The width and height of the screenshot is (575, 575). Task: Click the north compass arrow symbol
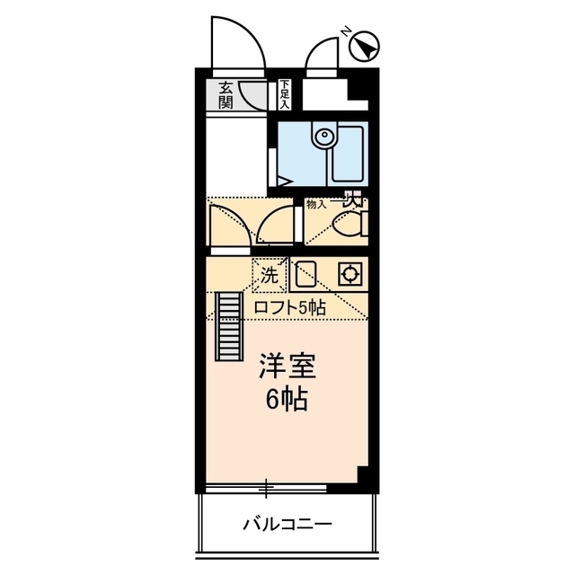[x=367, y=46]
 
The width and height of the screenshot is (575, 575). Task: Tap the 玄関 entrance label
[x=226, y=95]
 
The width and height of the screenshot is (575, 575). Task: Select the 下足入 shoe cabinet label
[x=285, y=93]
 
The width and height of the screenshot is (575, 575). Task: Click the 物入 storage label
[x=317, y=205]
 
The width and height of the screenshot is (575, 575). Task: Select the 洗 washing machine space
[x=270, y=276]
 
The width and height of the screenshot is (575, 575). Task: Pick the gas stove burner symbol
[x=349, y=274]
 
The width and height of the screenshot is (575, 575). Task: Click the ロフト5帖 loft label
[x=289, y=307]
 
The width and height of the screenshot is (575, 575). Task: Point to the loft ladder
[x=230, y=328]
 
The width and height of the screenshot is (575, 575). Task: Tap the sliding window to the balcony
[x=266, y=489]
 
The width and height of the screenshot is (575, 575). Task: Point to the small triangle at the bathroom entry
[x=284, y=181]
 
